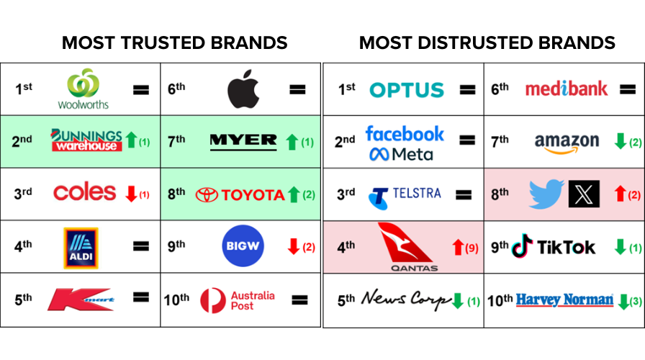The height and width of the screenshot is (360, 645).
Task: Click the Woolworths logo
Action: pos(83,89)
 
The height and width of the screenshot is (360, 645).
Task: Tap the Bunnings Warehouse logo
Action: pos(86,140)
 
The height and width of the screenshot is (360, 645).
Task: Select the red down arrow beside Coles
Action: pos(131,194)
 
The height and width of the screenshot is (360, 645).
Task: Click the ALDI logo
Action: pos(81,248)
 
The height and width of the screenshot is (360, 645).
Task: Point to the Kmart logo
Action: pos(81,299)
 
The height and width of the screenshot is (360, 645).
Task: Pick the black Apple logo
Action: pos(243,89)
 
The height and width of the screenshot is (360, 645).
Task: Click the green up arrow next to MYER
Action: pos(292,142)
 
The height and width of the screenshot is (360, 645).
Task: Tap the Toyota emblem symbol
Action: pos(207,195)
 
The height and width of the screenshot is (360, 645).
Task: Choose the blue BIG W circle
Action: pos(243,246)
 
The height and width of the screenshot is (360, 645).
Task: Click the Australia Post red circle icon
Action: pos(213,300)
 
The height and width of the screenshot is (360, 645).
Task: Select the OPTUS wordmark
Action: pos(407,90)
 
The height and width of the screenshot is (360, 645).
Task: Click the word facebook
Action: pos(405,134)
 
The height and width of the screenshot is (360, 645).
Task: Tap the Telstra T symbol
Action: pos(379,198)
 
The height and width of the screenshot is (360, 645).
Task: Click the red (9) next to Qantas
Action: pos(472,248)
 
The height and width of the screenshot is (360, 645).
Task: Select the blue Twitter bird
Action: pos(546,194)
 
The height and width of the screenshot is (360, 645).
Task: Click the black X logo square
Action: pos(584,194)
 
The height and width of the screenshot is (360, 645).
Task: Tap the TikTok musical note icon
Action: pos(522,246)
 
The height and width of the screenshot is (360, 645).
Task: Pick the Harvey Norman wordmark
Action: pos(564,300)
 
